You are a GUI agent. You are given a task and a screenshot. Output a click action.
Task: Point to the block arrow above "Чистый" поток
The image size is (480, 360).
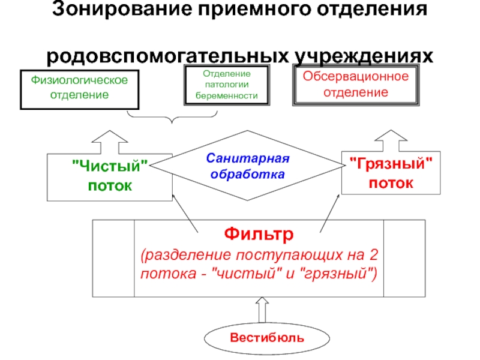110,142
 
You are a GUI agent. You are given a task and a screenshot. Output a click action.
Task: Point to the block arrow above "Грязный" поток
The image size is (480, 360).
391,140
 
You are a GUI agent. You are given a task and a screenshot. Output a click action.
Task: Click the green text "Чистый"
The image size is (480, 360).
110,166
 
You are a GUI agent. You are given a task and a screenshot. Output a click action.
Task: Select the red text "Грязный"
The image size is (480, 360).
391,163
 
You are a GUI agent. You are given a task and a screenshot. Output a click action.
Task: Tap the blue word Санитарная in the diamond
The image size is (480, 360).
248,158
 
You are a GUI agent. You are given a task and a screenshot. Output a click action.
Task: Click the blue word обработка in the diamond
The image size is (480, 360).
248,174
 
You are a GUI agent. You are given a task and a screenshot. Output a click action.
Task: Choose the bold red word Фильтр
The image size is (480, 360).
259,234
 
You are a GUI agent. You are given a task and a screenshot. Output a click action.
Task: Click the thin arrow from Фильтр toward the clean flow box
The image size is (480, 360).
185,214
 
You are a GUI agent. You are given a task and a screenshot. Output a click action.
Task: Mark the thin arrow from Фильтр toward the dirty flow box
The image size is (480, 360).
329,214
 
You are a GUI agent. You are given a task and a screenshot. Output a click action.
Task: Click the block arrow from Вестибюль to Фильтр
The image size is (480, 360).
262,310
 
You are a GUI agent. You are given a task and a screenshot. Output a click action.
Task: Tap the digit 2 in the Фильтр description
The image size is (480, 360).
374,254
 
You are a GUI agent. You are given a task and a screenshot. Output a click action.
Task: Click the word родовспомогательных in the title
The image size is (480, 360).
167,56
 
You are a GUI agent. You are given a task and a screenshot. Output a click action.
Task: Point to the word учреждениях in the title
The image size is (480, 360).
364,56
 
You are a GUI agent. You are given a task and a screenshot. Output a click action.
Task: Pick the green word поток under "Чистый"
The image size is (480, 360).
110,186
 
